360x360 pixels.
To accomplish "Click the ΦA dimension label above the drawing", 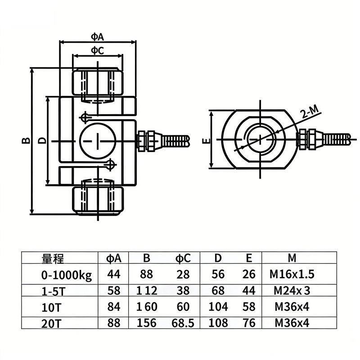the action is point(97,37).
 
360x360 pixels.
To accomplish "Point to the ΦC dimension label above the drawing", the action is point(97,50).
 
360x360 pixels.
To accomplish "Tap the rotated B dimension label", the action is point(26,140).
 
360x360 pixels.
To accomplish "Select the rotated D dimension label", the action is point(42,140).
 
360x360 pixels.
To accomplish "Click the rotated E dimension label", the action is point(206,140).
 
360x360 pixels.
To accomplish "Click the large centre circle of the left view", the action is point(98,141).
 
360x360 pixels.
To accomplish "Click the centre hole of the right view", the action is point(260,139).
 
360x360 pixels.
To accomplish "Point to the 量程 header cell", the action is point(52,258).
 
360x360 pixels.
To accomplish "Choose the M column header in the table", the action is point(292,258).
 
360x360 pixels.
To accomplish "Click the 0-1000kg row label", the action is point(67,275).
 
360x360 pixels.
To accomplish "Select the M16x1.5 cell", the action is point(292,274).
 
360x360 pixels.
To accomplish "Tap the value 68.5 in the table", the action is point(183,323).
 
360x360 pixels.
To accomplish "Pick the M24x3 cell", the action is point(292,291).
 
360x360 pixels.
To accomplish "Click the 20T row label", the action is point(51,324).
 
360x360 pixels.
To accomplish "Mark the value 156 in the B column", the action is point(147,323).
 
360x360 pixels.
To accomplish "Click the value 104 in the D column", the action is point(218,307).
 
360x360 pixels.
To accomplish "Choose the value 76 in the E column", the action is point(249,323).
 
